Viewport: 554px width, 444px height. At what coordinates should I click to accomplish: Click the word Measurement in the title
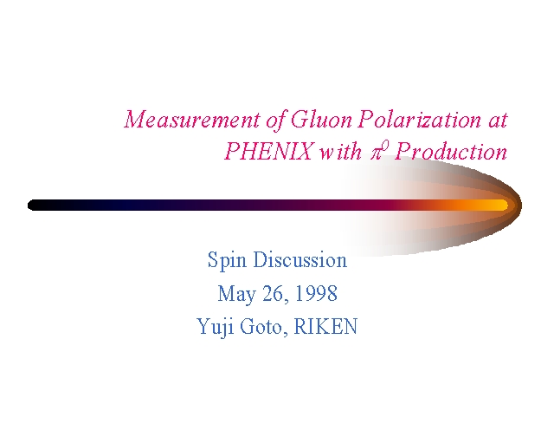192,119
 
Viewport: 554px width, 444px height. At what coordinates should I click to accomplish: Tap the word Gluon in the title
321,119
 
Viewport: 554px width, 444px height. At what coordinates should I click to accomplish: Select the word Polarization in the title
419,119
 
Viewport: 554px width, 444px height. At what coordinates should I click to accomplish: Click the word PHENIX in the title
269,151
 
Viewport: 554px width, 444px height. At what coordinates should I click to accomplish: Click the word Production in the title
451,151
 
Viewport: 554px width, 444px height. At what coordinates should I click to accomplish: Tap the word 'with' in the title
340,151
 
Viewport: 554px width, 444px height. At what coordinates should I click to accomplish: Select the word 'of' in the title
276,120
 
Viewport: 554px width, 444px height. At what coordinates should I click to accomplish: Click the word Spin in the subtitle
227,260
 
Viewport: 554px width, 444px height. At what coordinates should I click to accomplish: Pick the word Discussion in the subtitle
300,259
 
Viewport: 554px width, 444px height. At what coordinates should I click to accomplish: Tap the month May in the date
235,294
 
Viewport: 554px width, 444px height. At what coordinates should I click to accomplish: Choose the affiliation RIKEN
325,326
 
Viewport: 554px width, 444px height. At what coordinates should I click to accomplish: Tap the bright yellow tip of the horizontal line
500,206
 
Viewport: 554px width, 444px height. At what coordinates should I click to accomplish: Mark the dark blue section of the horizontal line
131,206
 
